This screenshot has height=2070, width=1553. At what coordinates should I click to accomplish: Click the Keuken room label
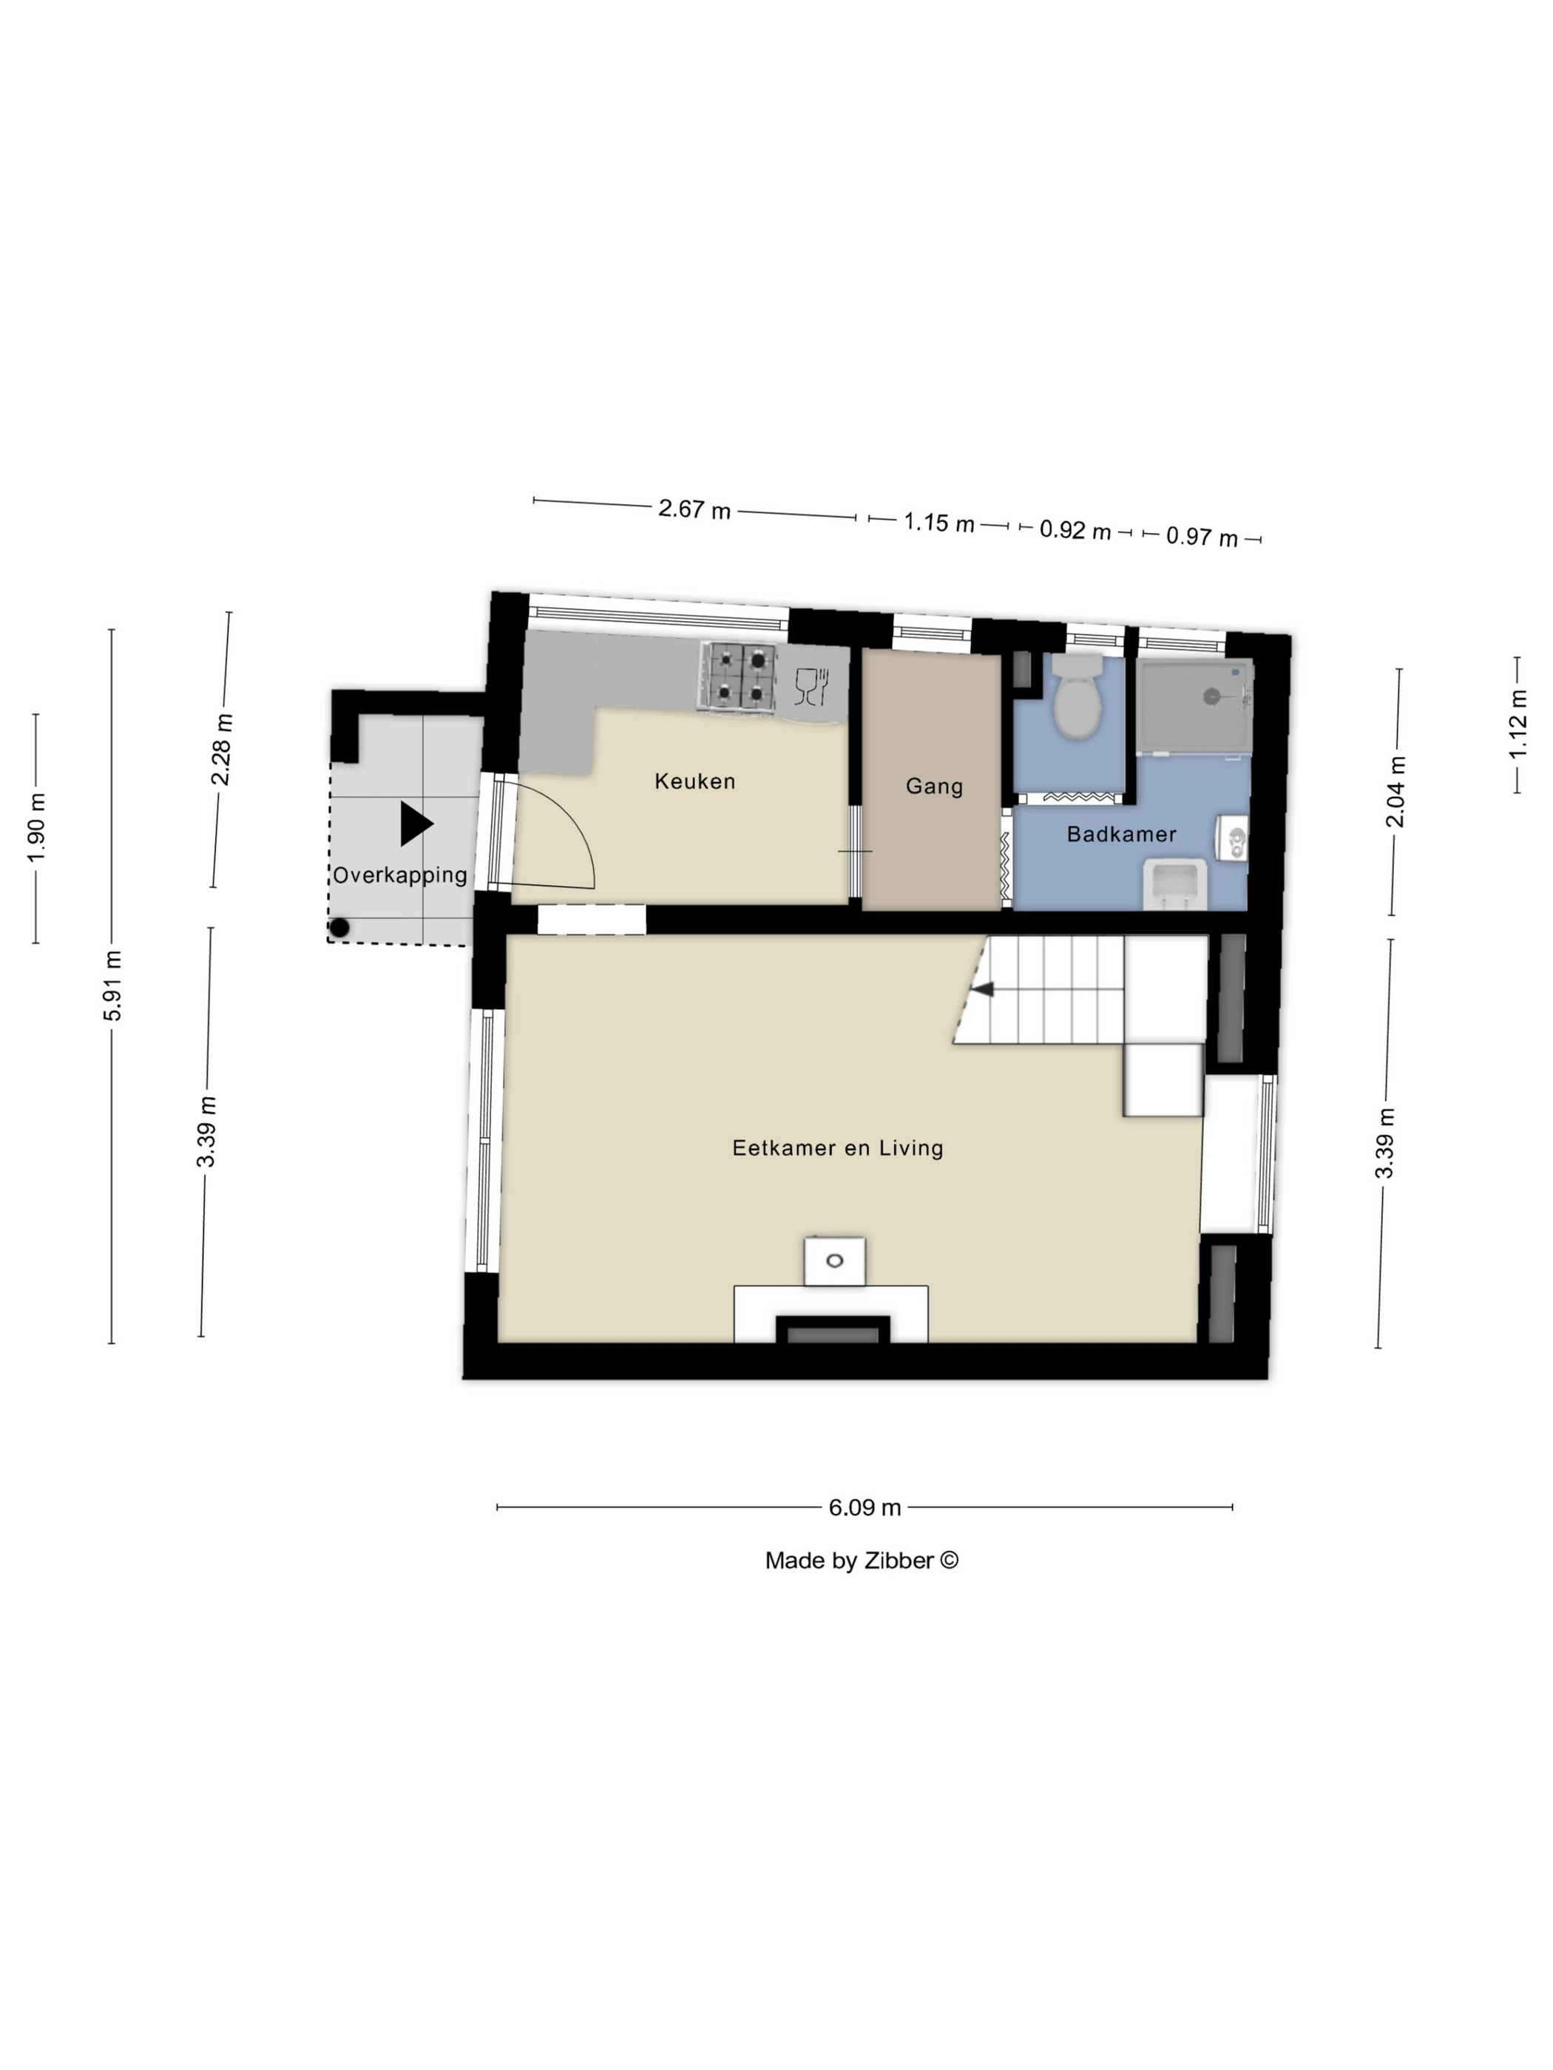click(694, 781)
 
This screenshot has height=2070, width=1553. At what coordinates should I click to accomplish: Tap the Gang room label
click(934, 786)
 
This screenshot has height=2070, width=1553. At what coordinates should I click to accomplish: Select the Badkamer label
click(1121, 834)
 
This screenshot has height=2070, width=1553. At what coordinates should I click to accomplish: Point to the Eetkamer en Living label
click(838, 1148)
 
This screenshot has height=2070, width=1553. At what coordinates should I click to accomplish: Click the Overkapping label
click(400, 875)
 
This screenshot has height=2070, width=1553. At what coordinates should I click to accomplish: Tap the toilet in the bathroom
click(1078, 696)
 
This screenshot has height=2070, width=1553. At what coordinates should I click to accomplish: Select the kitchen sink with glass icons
click(811, 686)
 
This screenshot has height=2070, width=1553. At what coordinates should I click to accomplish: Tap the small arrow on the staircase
click(982, 988)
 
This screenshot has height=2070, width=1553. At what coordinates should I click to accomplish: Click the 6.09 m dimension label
click(864, 1507)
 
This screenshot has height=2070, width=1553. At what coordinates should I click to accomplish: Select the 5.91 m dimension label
click(112, 985)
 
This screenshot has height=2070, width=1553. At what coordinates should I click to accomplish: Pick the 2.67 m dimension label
click(694, 509)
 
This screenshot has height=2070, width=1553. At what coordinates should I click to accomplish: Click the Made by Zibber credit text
click(862, 1561)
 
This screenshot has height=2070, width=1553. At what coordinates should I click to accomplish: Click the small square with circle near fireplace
click(834, 1260)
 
